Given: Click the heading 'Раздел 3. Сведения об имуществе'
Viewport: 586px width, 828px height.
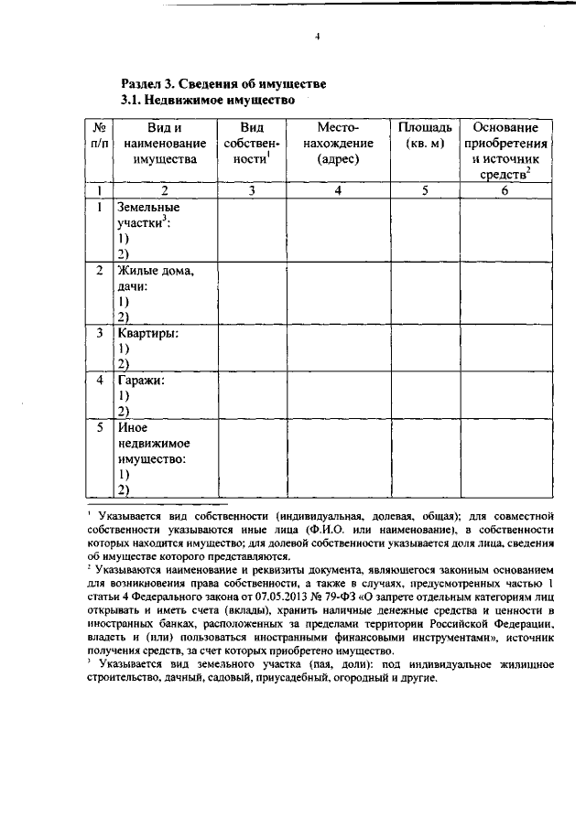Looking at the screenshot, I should (223, 83).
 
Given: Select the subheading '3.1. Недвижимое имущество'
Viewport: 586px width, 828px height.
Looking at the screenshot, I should (209, 99).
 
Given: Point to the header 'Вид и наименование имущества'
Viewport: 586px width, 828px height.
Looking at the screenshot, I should (164, 143).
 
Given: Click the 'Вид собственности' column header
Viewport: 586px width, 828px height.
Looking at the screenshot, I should (251, 143).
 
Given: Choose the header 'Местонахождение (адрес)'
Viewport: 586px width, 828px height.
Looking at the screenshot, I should (338, 143).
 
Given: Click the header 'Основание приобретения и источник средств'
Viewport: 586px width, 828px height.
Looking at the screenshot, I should (505, 151).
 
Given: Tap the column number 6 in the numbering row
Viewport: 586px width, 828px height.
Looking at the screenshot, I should (505, 190).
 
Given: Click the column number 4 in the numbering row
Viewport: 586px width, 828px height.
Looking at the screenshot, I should (338, 190).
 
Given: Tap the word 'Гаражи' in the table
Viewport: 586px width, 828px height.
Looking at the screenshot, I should (141, 381).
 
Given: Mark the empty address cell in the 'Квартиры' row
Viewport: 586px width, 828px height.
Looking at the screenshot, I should (338, 348).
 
